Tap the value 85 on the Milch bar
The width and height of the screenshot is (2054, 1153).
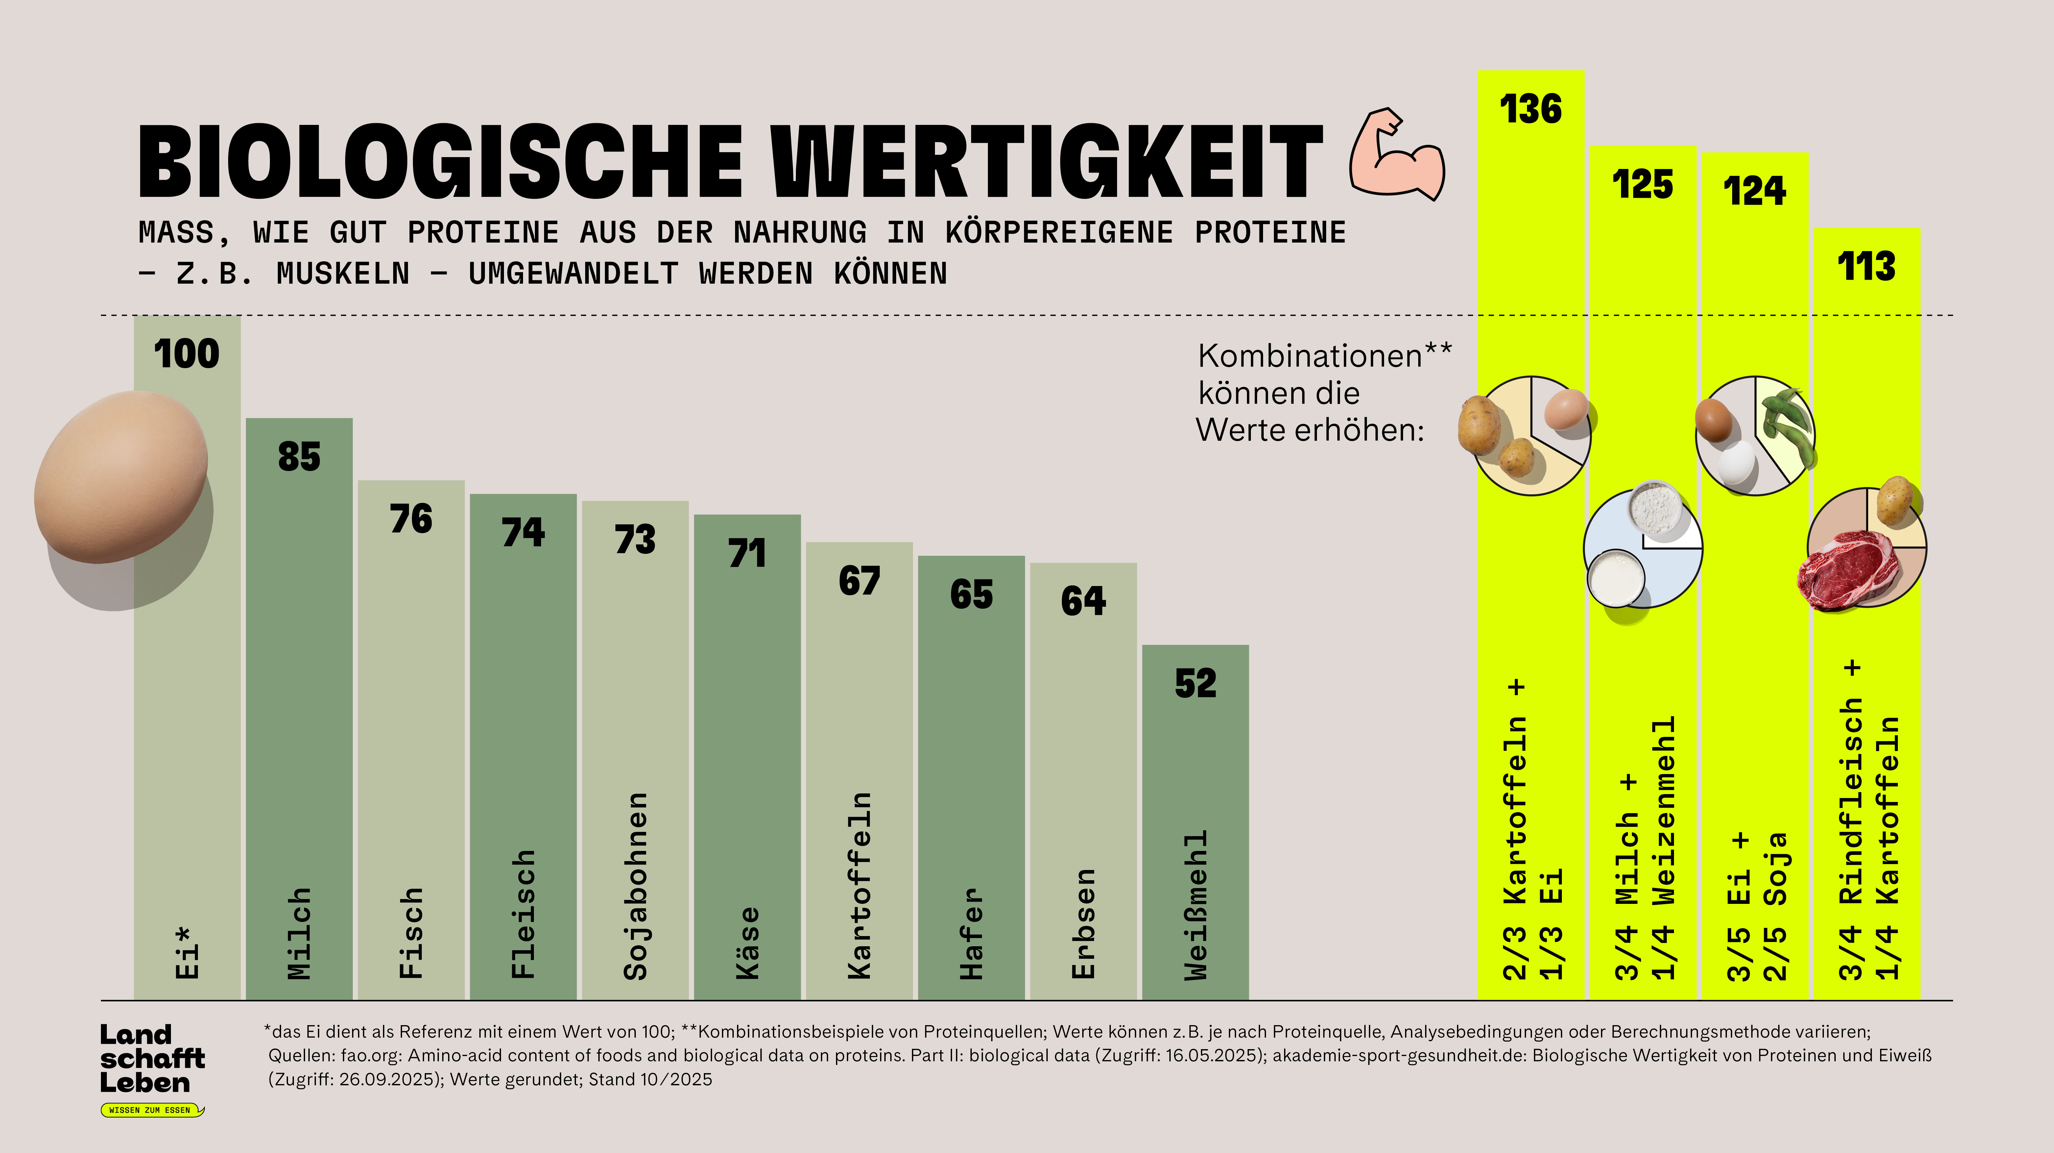pyautogui.click(x=299, y=457)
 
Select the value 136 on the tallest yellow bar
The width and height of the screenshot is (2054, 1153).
pyautogui.click(x=1530, y=109)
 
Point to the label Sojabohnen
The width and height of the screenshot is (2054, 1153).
pyautogui.click(x=635, y=885)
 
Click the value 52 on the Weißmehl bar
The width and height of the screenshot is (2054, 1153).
pyautogui.click(x=1195, y=683)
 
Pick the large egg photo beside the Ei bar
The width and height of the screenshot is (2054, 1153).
pyautogui.click(x=121, y=477)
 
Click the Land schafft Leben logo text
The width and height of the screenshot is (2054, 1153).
pyautogui.click(x=152, y=1058)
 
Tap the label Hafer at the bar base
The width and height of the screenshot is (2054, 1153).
pyautogui.click(x=971, y=933)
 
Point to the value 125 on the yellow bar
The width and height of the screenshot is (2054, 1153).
pyautogui.click(x=1642, y=185)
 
